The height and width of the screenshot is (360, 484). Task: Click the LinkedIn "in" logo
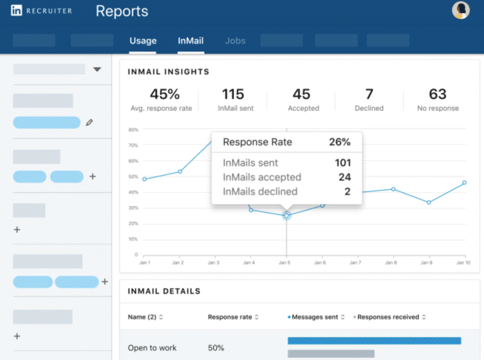point(17,10)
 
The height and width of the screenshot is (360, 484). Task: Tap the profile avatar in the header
point(461,10)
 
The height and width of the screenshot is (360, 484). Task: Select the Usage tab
point(143,41)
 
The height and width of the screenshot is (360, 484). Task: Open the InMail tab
point(191,41)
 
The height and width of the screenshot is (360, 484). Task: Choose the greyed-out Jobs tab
point(235,41)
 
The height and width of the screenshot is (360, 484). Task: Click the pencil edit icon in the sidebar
point(89,122)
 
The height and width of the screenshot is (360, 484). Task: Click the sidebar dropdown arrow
point(97,70)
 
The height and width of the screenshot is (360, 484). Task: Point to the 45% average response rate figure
point(165,94)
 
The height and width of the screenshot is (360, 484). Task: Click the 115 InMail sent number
point(233,94)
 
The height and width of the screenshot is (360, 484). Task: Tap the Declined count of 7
point(369,94)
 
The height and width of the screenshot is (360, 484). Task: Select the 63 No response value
point(438,94)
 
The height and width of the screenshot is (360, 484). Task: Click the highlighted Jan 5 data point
point(286,216)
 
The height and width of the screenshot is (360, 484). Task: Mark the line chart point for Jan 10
point(464,182)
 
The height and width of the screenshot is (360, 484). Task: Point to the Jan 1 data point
point(144,179)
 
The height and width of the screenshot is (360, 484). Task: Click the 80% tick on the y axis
point(133,130)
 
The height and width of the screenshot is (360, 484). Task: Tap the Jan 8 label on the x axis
point(391,263)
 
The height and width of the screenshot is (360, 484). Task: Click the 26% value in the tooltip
point(340,143)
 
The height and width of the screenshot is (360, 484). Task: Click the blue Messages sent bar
point(374,341)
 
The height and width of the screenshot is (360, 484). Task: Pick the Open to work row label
point(152,348)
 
